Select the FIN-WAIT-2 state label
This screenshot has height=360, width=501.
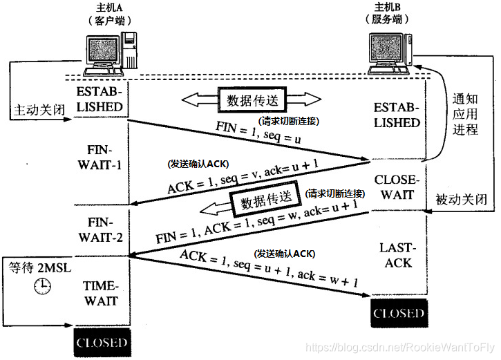click(102, 231)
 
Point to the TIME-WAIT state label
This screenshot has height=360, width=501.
click(101, 294)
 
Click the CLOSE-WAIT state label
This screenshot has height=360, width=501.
click(394, 187)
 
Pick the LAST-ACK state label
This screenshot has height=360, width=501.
click(395, 255)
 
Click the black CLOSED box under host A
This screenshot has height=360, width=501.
click(102, 342)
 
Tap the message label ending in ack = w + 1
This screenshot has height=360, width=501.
click(269, 269)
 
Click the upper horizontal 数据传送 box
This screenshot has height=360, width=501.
click(251, 100)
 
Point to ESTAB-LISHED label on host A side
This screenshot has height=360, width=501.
click(102, 100)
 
